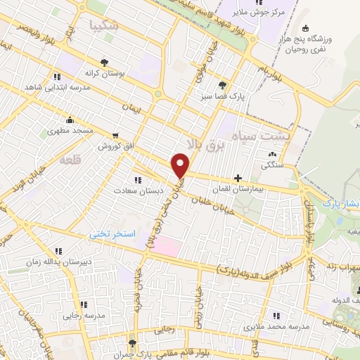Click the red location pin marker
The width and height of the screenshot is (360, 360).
point(181,165)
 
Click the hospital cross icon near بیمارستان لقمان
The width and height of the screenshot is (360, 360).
point(239,179)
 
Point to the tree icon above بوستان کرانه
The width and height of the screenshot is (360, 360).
point(105,63)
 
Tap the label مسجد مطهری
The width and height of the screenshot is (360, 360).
point(68,131)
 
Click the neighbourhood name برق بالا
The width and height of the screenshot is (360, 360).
point(201,141)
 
